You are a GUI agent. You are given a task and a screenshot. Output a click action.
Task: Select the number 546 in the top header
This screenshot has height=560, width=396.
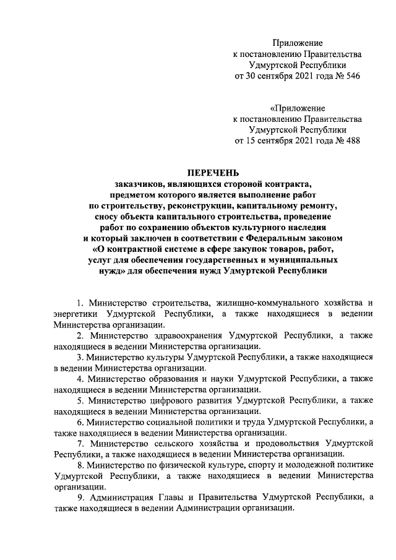tap(350, 76)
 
